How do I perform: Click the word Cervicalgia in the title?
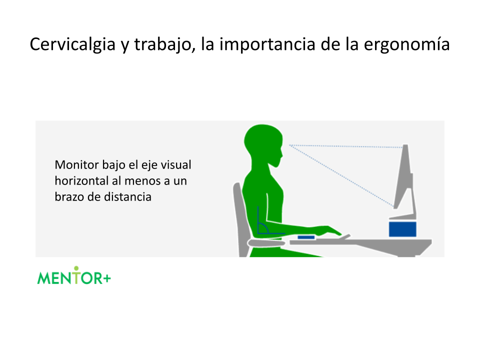click(72, 44)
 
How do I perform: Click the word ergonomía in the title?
click(407, 44)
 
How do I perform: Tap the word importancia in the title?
click(267, 44)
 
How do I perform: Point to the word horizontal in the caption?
click(81, 180)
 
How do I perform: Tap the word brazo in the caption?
click(69, 196)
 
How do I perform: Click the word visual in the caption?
click(176, 164)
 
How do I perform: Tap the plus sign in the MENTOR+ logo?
click(107, 278)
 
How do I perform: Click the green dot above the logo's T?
click(76, 268)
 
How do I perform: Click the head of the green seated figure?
click(264, 144)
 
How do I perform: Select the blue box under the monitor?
click(402, 229)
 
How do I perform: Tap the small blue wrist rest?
click(306, 237)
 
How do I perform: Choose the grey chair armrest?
click(266, 243)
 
